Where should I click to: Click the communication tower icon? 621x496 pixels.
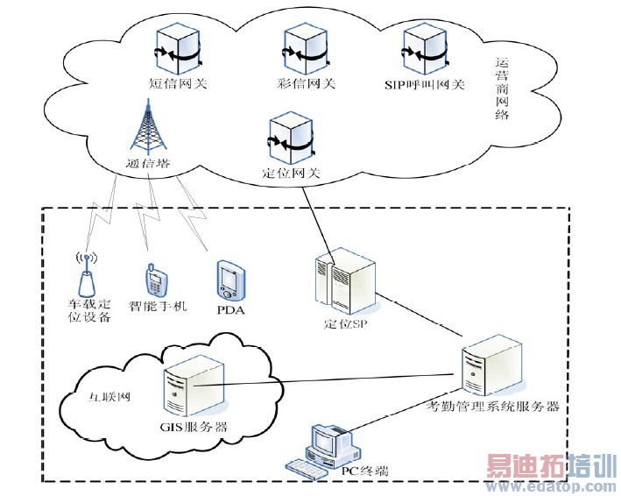(x=145, y=124)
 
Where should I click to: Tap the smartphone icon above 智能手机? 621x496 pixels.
(x=155, y=280)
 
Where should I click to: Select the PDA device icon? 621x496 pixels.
(x=228, y=280)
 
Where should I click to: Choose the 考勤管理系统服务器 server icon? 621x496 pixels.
(x=486, y=369)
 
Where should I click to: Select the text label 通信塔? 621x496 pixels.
(x=145, y=164)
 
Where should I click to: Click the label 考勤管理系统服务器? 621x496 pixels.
(x=492, y=407)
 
